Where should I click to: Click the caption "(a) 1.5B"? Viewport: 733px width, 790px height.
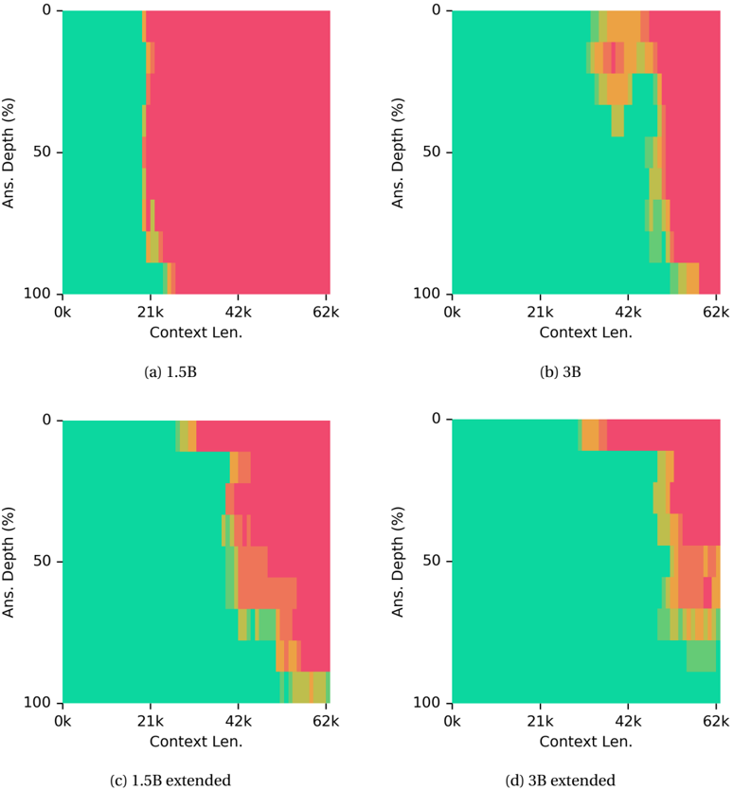point(170,372)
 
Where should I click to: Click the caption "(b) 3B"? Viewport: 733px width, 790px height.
point(561,372)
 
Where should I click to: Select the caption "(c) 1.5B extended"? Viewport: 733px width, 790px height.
point(170,781)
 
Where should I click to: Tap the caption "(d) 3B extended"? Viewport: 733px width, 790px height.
point(561,781)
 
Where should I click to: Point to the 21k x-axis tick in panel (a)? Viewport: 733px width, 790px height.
point(151,313)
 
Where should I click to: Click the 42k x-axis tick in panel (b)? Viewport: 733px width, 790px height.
point(628,313)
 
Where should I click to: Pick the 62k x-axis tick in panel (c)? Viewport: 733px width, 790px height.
point(326,722)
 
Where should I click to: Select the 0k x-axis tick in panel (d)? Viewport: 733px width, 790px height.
point(452,722)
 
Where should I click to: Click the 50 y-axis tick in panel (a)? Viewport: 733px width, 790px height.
point(42,153)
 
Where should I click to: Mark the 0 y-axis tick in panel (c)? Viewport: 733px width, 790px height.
point(46,420)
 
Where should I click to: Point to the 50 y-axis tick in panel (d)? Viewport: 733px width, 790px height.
point(431,561)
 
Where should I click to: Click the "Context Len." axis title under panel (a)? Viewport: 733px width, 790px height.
point(196,332)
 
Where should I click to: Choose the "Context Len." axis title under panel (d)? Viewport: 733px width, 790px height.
point(585,742)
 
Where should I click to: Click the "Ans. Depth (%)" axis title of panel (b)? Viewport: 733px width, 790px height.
point(398,153)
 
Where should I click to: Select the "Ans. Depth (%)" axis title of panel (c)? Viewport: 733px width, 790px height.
point(9,562)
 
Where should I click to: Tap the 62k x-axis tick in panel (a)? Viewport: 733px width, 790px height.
point(326,313)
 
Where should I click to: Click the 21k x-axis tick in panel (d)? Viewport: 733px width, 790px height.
point(540,722)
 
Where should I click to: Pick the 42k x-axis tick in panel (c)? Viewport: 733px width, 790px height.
point(238,722)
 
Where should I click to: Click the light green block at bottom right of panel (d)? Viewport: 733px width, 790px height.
point(701,655)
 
